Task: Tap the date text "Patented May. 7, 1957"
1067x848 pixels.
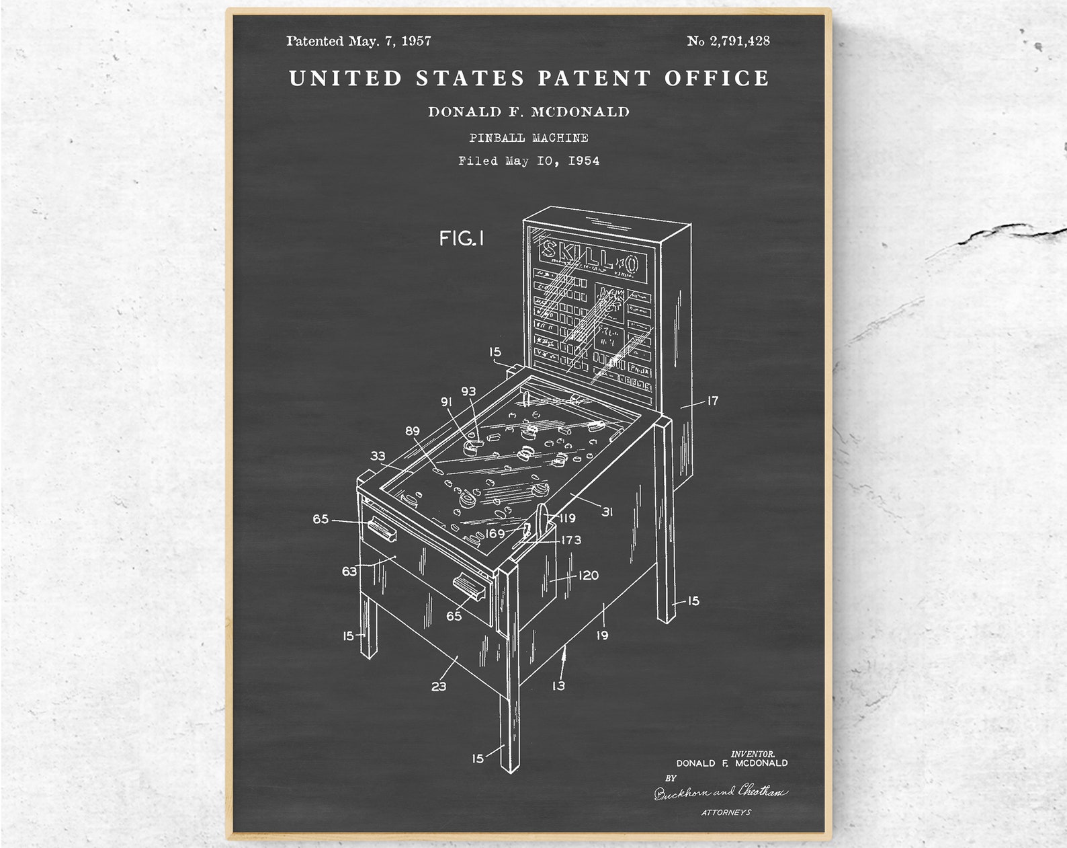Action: tap(359, 41)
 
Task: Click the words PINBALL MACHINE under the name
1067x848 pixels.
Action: tap(529, 138)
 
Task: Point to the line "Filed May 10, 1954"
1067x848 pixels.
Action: tap(529, 161)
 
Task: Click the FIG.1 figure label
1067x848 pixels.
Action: tap(462, 238)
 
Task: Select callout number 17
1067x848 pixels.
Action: tap(712, 401)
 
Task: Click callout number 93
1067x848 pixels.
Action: tap(468, 391)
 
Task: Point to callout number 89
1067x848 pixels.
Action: tap(413, 431)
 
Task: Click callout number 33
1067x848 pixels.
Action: tap(378, 456)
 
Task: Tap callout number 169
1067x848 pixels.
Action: tap(495, 534)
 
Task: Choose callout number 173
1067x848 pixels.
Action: tap(571, 540)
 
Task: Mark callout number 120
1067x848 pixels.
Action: tap(589, 576)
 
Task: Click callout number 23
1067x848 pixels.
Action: tap(439, 687)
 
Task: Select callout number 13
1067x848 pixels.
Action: tap(558, 686)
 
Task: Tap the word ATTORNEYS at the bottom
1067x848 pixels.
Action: tap(726, 812)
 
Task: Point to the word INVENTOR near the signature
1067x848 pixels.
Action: tap(753, 755)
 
